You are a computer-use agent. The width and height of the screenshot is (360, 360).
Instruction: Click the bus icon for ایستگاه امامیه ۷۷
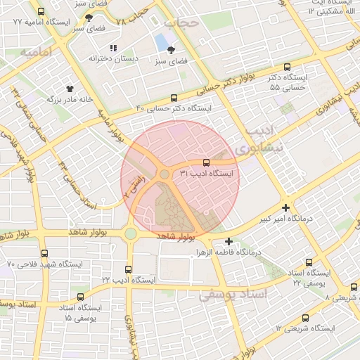pos(41,12)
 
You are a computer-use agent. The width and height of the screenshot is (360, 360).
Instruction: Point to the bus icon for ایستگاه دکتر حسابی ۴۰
pos(174,98)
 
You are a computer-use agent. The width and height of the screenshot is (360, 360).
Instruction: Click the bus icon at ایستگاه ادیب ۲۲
pos(127,269)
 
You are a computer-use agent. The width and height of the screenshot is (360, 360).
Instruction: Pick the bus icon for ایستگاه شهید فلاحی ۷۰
pos(44,253)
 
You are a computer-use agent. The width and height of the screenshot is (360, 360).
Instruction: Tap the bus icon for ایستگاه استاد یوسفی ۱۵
pos(80,297)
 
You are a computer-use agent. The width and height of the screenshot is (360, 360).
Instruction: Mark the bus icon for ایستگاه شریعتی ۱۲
pos(304,318)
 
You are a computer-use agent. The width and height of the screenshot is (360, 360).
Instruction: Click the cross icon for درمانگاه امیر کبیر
pos(285,208)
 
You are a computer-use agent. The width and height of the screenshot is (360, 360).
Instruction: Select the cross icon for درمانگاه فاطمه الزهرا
pos(229,241)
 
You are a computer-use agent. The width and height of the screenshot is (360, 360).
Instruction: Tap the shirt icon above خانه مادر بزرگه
pos(70,89)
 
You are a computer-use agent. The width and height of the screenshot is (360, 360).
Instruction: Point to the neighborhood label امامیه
pos(37,53)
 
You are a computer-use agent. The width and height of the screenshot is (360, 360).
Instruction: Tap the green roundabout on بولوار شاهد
pos(130,233)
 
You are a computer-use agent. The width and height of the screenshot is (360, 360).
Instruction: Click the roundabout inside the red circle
pos(165,174)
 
